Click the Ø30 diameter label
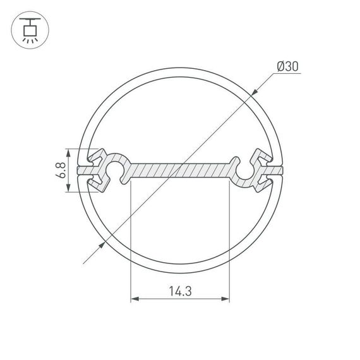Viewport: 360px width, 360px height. pos(287,66)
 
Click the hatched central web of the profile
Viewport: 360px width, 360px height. pos(180,171)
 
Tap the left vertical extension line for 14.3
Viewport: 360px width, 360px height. pos(130,240)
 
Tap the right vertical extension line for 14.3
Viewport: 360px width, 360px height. pos(229,240)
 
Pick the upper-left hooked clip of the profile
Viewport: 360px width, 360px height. pos(98,157)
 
